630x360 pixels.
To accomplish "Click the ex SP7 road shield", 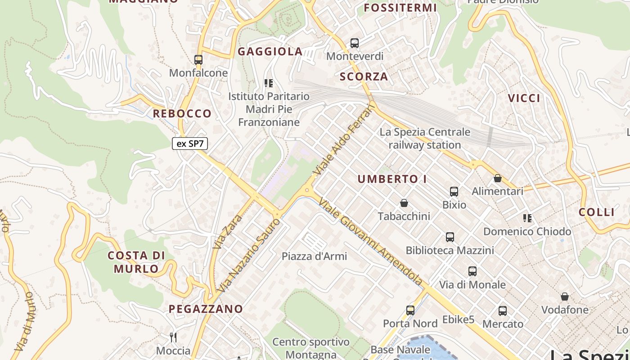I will point(190,144).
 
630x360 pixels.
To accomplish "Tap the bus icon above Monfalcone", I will point(198,59).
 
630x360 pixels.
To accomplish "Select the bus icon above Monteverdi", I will point(355,43).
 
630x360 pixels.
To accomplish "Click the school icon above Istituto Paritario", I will point(269,83).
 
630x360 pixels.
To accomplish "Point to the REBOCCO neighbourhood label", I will point(182,113).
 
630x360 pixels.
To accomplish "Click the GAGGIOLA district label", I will point(270,52).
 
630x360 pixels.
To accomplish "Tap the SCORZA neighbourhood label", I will point(364,76).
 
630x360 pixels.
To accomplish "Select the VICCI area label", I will point(524,98).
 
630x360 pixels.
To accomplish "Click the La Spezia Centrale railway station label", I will point(425,139).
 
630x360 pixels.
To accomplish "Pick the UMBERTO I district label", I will point(392,179).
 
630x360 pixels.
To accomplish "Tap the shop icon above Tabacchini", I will point(404,203).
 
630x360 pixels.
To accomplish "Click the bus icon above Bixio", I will point(454,192).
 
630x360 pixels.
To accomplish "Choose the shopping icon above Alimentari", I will point(497,179).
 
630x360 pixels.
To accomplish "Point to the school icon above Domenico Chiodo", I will point(527,219).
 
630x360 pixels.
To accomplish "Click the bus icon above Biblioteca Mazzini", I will point(450,237).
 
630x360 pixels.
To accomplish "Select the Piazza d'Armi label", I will point(314,256).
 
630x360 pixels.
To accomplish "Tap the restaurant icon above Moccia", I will point(173,337).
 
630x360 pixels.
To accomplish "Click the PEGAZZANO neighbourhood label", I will point(206,309).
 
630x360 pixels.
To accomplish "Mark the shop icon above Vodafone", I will point(564,297).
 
